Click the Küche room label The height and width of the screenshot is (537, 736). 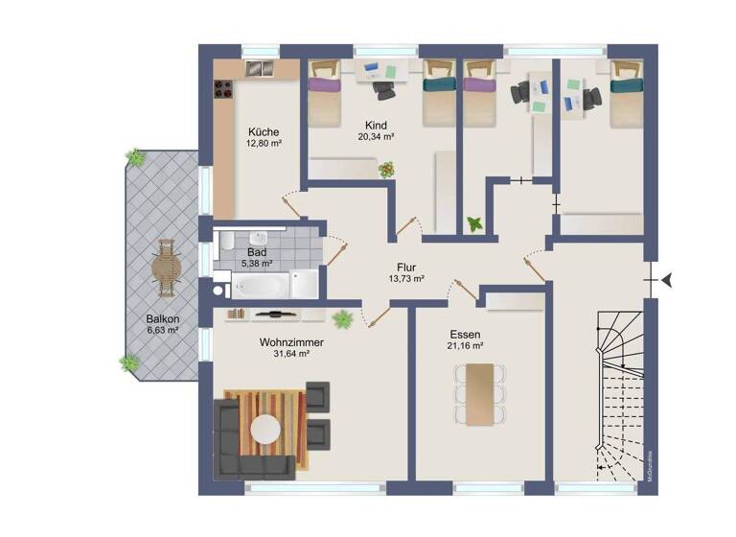click(x=264, y=132)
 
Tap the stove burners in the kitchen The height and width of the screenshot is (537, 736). click(x=224, y=87)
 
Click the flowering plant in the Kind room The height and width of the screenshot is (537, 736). click(x=386, y=170)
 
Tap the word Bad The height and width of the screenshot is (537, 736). click(x=256, y=252)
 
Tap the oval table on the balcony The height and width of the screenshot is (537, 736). click(x=168, y=269)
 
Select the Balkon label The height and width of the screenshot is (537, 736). click(x=163, y=318)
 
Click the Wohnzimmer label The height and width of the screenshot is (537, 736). click(x=290, y=341)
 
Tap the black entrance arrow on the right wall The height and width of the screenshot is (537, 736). click(x=667, y=279)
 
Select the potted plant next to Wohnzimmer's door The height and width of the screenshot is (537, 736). click(x=341, y=318)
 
